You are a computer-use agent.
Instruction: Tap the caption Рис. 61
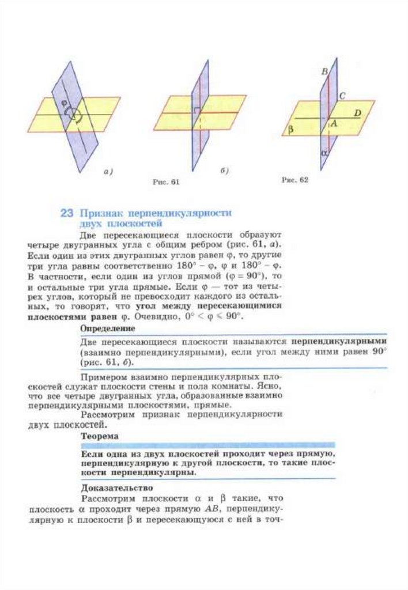[167, 182]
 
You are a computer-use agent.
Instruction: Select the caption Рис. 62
[295, 180]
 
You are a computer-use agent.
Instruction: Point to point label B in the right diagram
[324, 71]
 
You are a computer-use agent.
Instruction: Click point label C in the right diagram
[342, 96]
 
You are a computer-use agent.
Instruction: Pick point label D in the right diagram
[357, 114]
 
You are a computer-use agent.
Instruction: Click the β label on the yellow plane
[290, 131]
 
